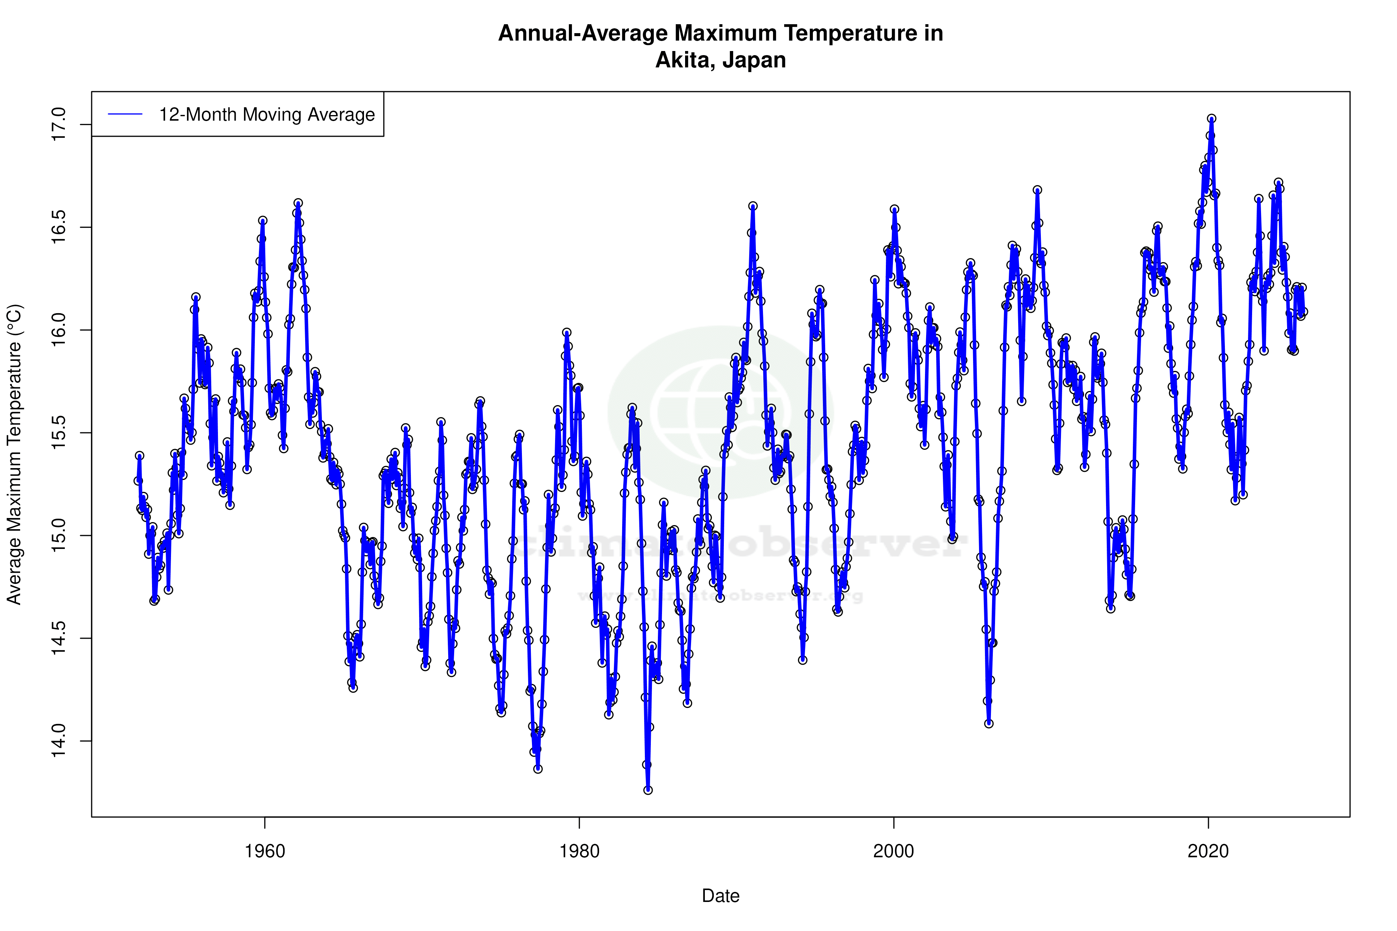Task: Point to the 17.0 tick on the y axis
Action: tap(59, 125)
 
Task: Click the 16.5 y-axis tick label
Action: tap(59, 228)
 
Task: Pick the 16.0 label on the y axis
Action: tap(59, 330)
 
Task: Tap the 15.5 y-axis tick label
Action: tap(59, 433)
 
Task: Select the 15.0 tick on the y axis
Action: tap(59, 536)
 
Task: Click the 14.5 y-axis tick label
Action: tap(59, 638)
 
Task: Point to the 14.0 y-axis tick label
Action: tap(59, 741)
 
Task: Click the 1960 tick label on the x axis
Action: tap(265, 851)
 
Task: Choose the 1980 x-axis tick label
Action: tap(579, 851)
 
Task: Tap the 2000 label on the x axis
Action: tap(893, 851)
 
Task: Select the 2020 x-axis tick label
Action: tap(1207, 851)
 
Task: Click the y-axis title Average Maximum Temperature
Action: tap(14, 454)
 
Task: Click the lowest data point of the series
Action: tap(648, 790)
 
